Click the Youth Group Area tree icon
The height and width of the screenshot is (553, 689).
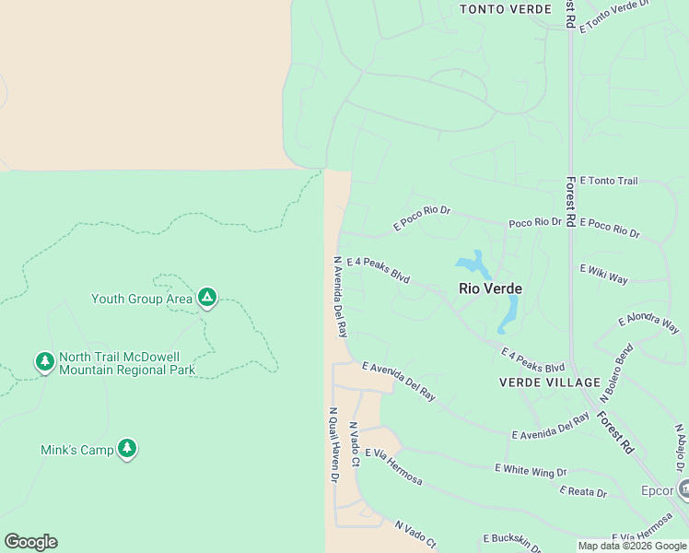coord(208,298)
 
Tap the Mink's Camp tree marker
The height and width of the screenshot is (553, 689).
coord(127,449)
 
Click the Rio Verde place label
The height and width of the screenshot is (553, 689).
coord(490,288)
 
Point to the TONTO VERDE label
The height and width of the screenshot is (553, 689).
coord(507,9)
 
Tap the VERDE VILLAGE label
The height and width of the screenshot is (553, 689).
coord(550,382)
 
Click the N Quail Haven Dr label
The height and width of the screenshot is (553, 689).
coord(333,445)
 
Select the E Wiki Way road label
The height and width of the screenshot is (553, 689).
coord(603,274)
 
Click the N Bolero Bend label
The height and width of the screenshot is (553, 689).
coord(617,373)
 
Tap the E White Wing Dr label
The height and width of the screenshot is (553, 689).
coord(531,471)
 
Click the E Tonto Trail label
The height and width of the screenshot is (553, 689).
coord(609,182)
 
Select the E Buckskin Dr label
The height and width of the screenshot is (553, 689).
coord(512,543)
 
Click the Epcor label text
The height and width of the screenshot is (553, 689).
coord(658,490)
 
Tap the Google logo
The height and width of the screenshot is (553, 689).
coord(30,542)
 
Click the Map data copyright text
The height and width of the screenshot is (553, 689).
coord(632,546)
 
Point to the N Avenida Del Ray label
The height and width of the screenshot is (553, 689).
coord(339,297)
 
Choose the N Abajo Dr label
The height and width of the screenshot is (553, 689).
coord(679,447)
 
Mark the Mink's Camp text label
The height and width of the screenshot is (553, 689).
coord(77,450)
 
